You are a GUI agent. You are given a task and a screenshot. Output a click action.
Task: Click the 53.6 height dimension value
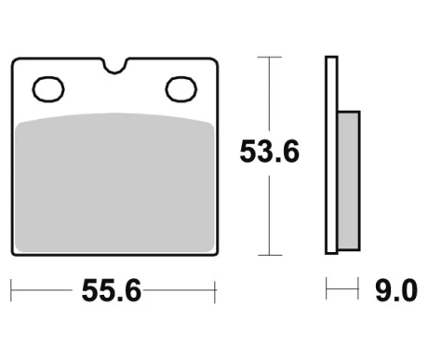coord(269,152)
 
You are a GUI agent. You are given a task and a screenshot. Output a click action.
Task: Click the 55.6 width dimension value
coord(111,292)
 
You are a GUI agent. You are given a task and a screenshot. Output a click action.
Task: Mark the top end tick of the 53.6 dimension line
coord(269,57)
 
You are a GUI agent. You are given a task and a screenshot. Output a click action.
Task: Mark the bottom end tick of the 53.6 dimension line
coord(269,255)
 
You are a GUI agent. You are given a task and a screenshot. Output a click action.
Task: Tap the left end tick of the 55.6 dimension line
coord(12,292)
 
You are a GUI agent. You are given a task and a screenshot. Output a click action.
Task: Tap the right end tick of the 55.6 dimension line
coord(215,292)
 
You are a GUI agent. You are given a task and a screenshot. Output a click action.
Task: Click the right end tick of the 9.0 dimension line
coord(358,292)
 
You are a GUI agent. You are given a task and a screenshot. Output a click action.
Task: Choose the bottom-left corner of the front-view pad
coord(16,250)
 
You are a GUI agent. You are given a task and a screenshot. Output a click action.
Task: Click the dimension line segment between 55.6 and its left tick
coord(47,292)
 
